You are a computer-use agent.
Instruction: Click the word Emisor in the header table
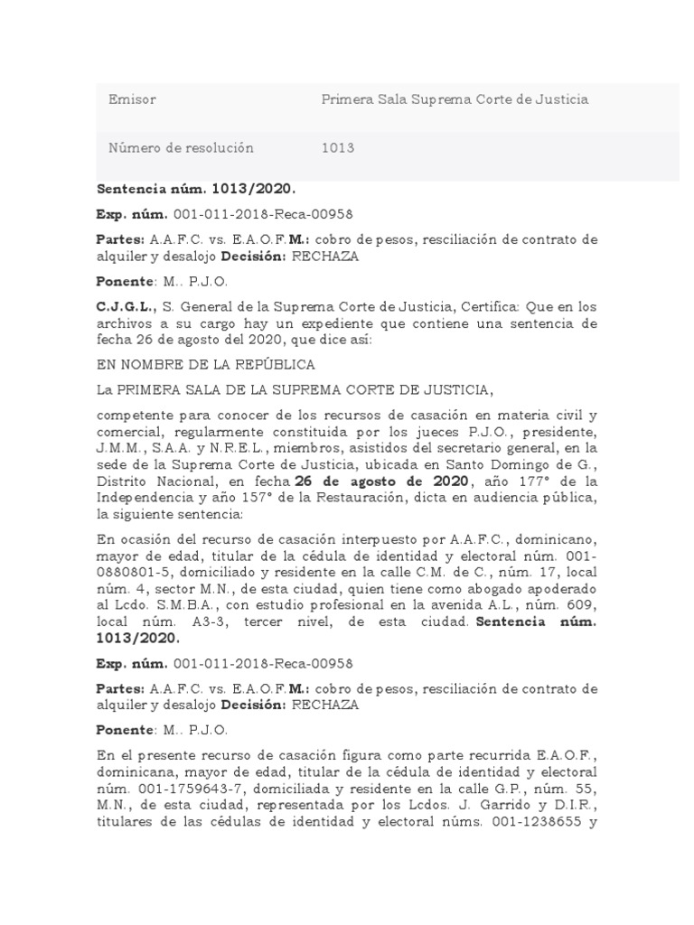pyautogui.click(x=132, y=99)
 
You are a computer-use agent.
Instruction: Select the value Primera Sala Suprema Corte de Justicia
pyautogui.click(x=455, y=99)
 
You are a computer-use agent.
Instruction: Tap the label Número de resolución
pyautogui.click(x=181, y=148)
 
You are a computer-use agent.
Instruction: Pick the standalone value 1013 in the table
pyautogui.click(x=338, y=148)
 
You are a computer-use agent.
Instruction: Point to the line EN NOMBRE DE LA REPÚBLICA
pyautogui.click(x=205, y=365)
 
